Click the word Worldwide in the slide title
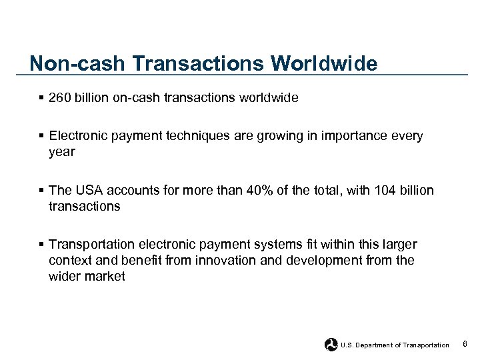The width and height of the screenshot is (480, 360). (x=324, y=63)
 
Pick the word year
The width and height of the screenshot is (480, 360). (x=62, y=152)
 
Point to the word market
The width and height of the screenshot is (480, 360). (x=105, y=276)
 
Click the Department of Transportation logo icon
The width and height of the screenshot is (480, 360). (x=331, y=345)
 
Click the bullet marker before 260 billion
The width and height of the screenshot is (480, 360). (x=42, y=98)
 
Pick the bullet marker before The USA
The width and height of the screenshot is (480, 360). (x=42, y=191)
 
